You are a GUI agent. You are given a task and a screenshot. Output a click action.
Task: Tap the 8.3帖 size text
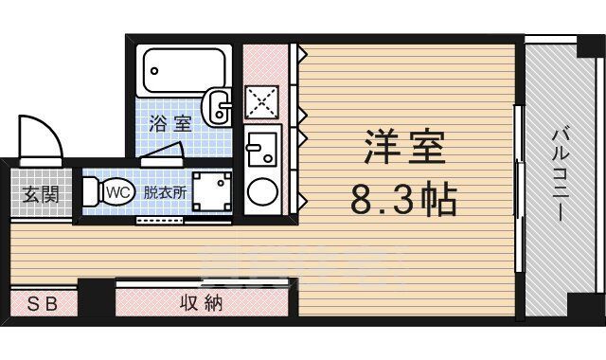pos(404,200)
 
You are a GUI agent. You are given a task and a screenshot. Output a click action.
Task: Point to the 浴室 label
pos(170,122)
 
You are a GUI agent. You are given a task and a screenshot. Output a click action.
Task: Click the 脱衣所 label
pos(165,190)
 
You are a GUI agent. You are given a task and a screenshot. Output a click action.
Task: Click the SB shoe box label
pos(41,304)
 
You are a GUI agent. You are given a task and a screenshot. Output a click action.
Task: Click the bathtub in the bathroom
pos(187,69)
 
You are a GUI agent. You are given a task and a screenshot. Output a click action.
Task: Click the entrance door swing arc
pos(40,137)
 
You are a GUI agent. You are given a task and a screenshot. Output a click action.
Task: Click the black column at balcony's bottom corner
pos(583,307)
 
